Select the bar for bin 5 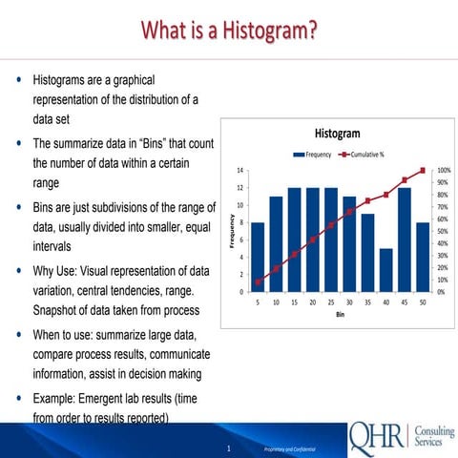click(258, 257)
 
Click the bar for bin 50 click(423, 257)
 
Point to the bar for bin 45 click(405, 239)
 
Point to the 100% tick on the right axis click(444, 170)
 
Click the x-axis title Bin click(340, 313)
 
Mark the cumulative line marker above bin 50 click(423, 171)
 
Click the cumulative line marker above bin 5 click(258, 281)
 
